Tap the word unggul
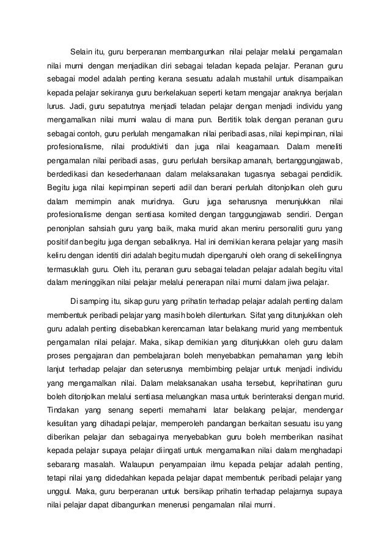pos(61,492)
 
